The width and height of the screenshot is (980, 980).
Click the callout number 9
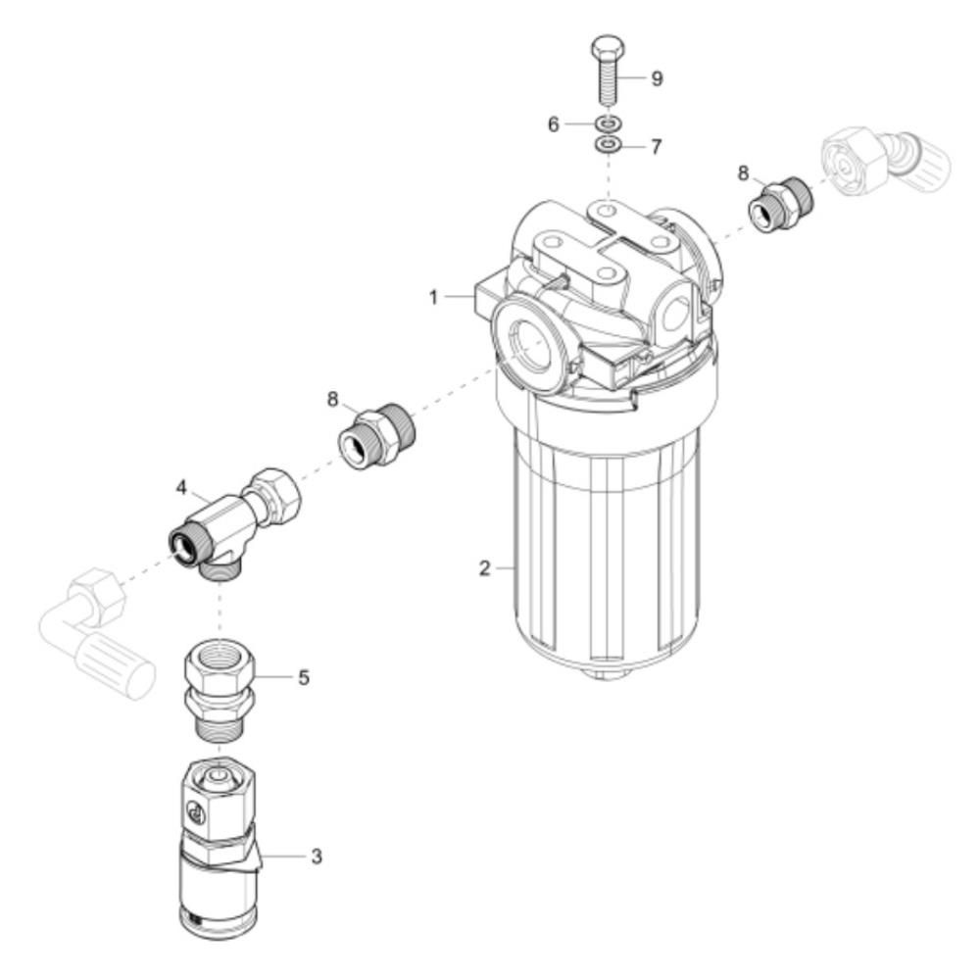pos(657,78)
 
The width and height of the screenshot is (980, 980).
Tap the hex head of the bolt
pos(607,46)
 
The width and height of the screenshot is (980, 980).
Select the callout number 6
pos(553,124)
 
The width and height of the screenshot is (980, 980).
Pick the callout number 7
pos(656,147)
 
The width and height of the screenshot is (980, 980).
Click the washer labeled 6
pos(608,122)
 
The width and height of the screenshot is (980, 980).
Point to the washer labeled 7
pos(608,146)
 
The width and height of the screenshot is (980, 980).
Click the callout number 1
pos(433,298)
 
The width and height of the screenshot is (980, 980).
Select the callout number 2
pos(484,568)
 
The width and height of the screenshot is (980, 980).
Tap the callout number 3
pos(317,857)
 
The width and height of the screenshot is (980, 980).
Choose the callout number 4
pos(181,487)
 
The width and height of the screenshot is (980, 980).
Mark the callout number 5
pos(303,677)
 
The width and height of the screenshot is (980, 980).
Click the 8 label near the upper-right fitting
pos(743,173)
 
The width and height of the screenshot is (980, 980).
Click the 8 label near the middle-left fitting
pos(332,398)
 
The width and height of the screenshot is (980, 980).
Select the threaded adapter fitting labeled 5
pos(220,689)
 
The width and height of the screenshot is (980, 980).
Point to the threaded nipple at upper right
pos(781,205)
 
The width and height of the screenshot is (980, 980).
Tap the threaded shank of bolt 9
pos(607,80)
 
